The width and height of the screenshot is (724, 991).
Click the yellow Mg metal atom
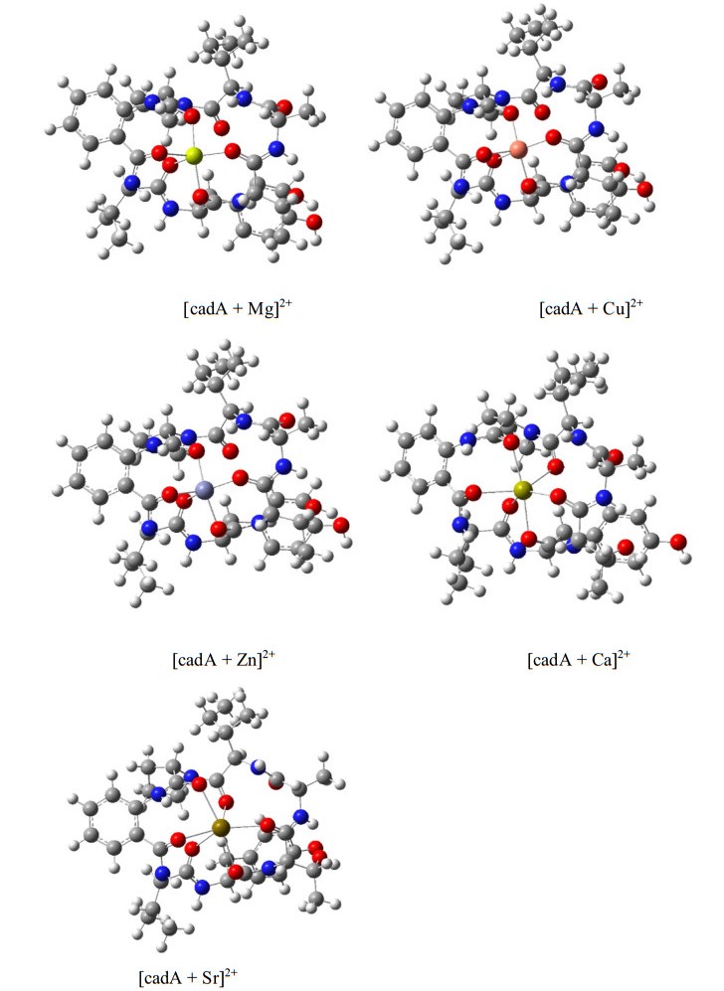193,156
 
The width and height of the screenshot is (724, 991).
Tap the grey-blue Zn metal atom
202,491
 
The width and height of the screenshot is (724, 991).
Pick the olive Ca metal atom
523,490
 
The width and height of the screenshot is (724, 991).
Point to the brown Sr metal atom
220,827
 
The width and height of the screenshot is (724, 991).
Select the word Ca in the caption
590,658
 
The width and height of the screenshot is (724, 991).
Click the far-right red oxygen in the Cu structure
645,188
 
